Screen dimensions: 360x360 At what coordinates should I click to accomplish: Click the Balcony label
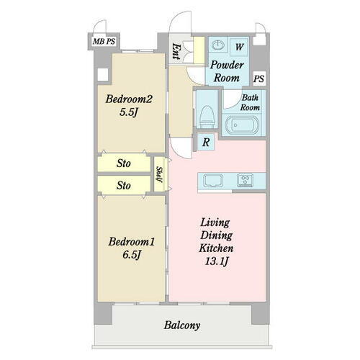[x=182, y=325]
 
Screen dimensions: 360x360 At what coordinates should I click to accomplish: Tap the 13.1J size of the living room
[x=216, y=261]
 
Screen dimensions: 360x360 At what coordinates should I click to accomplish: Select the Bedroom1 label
[x=132, y=242]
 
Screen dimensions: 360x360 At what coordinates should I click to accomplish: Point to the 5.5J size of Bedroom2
[x=129, y=112]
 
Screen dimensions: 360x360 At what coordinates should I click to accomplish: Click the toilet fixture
[x=207, y=117]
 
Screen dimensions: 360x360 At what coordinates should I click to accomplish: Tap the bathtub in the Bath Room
[x=241, y=125]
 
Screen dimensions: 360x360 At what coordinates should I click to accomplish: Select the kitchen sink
[x=213, y=181]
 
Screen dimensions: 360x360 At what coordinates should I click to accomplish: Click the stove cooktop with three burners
[x=245, y=180]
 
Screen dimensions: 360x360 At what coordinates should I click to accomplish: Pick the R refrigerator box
[x=206, y=143]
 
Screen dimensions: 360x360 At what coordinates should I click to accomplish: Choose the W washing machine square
[x=239, y=47]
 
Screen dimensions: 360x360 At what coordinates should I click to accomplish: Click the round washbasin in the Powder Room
[x=218, y=45]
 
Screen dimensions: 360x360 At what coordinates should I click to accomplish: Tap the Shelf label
[x=159, y=174]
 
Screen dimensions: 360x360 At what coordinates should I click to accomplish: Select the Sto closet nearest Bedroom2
[x=124, y=163]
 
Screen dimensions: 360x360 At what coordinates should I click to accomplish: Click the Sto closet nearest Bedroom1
[x=124, y=185]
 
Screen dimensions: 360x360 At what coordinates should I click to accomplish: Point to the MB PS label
[x=104, y=42]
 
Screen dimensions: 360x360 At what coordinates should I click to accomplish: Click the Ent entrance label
[x=176, y=51]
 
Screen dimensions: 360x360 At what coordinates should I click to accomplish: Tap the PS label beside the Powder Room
[x=259, y=78]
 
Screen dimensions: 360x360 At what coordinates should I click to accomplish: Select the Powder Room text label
[x=227, y=71]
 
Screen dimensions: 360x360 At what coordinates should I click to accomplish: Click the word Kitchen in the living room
[x=216, y=248]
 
